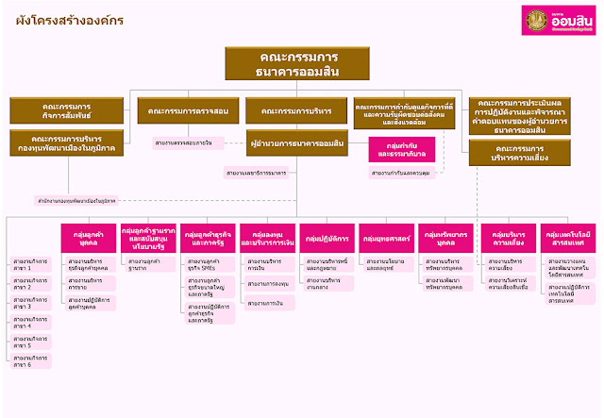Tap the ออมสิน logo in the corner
(559, 21)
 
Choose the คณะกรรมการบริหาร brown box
(296, 111)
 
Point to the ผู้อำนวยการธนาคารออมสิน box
(296, 142)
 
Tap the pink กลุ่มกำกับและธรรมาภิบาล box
(399, 150)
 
